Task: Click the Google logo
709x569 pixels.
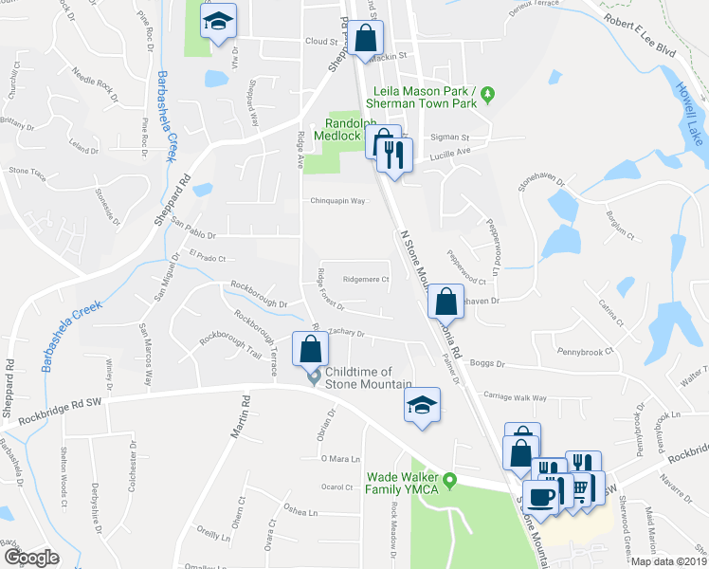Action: click(x=30, y=557)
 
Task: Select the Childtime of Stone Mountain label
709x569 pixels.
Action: click(x=367, y=376)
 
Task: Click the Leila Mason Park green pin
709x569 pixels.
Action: click(x=488, y=94)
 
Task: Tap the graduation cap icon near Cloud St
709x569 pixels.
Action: click(x=219, y=23)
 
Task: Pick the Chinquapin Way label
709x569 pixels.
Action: click(x=338, y=201)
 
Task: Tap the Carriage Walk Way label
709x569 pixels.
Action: click(x=515, y=398)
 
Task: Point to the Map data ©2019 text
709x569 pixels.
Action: click(x=669, y=561)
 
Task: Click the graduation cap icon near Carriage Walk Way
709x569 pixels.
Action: click(x=421, y=406)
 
